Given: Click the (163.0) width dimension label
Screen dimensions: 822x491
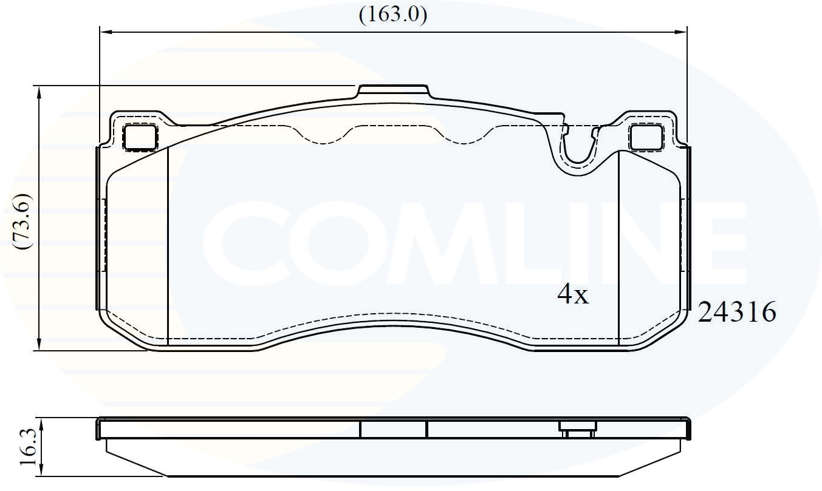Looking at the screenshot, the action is [393, 15].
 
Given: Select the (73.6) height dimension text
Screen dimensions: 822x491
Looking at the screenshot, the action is [22, 222].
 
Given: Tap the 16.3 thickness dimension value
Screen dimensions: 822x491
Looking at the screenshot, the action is [29, 447].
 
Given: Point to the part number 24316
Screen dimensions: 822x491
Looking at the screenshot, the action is [737, 312].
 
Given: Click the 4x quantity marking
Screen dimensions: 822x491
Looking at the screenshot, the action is [573, 294].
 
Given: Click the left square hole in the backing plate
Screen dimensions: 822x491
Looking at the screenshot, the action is [140, 137].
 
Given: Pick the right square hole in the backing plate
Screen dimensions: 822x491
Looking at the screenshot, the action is [646, 137].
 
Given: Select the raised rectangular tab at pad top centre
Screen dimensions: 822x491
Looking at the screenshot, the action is [393, 92].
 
